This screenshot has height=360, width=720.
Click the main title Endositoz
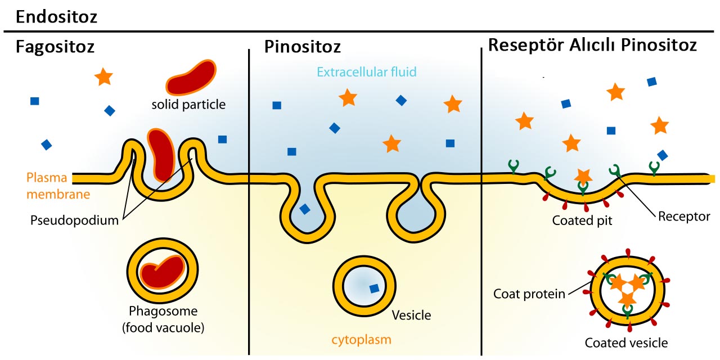(57, 16)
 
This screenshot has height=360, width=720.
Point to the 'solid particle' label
(188, 104)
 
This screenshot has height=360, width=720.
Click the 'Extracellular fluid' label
(366, 72)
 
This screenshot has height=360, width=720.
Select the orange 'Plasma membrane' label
(46, 186)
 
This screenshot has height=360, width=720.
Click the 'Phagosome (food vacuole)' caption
(164, 318)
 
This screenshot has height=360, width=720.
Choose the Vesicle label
(411, 315)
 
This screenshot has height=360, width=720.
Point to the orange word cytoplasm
(360, 340)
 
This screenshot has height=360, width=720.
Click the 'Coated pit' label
(582, 220)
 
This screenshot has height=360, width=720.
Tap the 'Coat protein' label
(529, 293)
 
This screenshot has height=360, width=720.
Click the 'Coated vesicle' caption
(627, 342)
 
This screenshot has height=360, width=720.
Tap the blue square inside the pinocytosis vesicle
(373, 289)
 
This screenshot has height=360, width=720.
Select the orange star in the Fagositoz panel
(103, 76)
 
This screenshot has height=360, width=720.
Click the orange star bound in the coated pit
(583, 176)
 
